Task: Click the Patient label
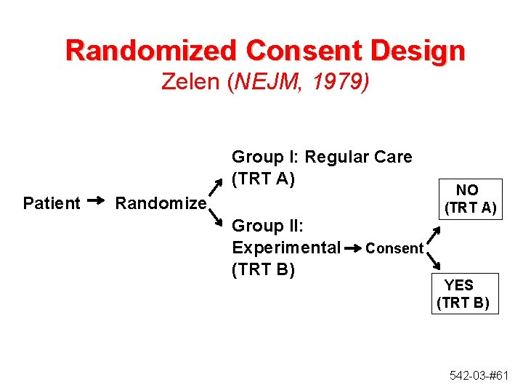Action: coord(52,203)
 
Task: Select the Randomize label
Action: coord(161,203)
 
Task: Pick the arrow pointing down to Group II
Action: coord(216,217)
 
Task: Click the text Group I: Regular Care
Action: coord(321,157)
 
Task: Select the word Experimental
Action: coord(285,248)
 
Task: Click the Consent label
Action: coord(394,248)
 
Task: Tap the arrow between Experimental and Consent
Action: coord(352,248)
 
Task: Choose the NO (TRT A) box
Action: coord(469,199)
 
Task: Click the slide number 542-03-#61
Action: coord(477,375)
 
